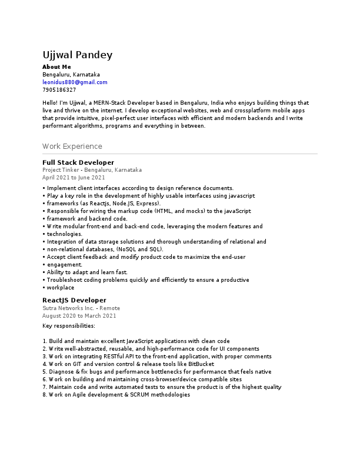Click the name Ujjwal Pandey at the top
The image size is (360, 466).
pyautogui.click(x=77, y=55)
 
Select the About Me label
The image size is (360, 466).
pyautogui.click(x=56, y=67)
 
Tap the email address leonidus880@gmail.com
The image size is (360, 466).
pyautogui.click(x=75, y=82)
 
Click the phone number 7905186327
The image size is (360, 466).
pyautogui.click(x=59, y=90)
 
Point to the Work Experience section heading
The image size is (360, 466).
pyautogui.click(x=72, y=147)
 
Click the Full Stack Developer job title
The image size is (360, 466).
pyautogui.click(x=78, y=162)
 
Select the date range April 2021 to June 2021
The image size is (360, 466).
pyautogui.click(x=74, y=177)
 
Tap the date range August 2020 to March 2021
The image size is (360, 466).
pyautogui.click(x=79, y=315)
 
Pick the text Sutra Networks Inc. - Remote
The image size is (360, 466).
pyautogui.click(x=81, y=308)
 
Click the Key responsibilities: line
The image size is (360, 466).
pyautogui.click(x=69, y=325)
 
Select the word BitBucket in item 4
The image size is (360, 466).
pyautogui.click(x=202, y=364)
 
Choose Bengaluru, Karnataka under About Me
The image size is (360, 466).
pyautogui.click(x=71, y=75)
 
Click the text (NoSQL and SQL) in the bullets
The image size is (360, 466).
pyautogui.click(x=140, y=249)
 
